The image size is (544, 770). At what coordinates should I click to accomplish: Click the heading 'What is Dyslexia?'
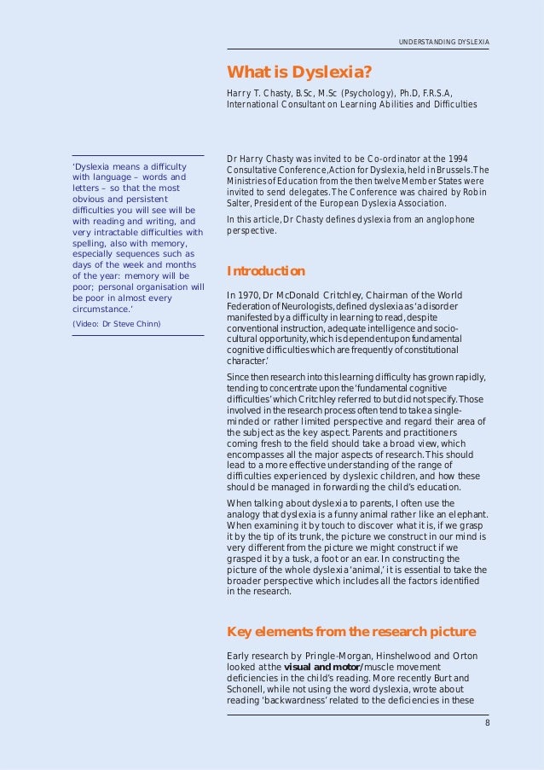(x=299, y=71)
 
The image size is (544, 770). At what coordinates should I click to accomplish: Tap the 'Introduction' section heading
(x=265, y=271)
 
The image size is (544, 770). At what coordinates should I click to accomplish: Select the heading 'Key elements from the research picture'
(x=350, y=631)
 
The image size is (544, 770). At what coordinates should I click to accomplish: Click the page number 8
(x=487, y=723)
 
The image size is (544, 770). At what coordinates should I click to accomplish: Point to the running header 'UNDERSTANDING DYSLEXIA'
(x=443, y=43)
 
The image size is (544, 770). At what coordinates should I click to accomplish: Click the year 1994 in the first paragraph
(x=458, y=159)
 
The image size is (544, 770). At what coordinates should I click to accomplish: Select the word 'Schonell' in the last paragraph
(x=248, y=690)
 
